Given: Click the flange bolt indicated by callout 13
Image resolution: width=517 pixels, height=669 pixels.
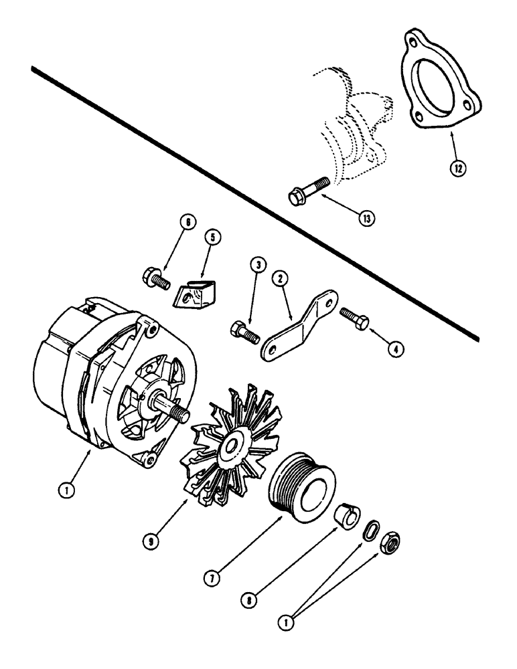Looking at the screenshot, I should (307, 188).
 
